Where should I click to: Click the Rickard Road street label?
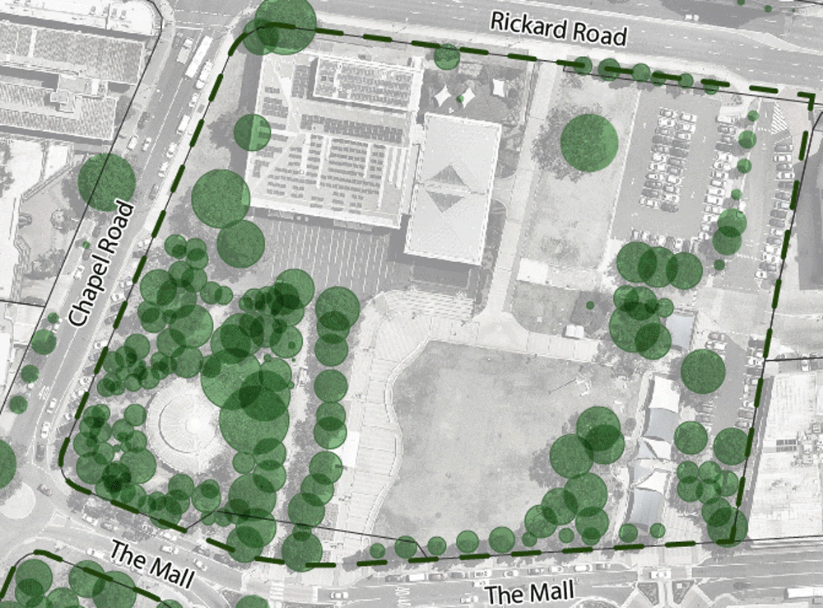click(x=559, y=30)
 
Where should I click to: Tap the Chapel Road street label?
click(x=101, y=262)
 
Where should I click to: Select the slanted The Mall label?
click(x=151, y=564)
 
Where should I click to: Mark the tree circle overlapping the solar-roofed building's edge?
click(x=253, y=132)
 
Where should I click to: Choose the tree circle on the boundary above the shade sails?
click(x=447, y=56)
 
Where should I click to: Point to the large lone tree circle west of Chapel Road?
click(x=107, y=180)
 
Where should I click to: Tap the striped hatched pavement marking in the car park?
click(x=777, y=120)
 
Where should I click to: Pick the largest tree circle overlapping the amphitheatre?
click(x=254, y=417)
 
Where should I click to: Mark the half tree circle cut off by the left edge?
click(x=4, y=463)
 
